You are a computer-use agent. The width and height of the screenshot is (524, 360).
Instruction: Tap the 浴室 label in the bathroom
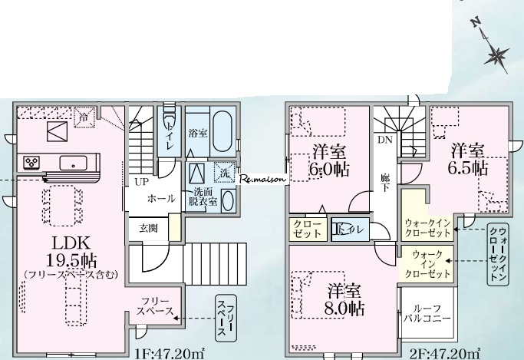[197, 134]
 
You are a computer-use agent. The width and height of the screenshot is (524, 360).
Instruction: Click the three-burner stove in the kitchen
[31, 163]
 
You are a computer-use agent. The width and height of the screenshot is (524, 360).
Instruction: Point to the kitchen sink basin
[73, 163]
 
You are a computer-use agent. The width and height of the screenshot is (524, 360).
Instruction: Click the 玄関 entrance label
[148, 229]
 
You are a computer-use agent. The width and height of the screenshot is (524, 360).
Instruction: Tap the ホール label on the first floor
[161, 199]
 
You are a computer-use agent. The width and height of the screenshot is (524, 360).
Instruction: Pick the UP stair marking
[142, 182]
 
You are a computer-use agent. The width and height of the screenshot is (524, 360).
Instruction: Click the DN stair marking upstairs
[385, 140]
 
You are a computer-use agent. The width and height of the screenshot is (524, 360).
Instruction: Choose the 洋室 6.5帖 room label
[468, 159]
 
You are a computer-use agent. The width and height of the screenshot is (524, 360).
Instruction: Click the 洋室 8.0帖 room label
[344, 299]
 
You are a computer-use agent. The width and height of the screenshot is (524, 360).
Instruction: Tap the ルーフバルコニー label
[427, 313]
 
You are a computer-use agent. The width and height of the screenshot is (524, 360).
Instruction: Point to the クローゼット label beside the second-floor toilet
[308, 229]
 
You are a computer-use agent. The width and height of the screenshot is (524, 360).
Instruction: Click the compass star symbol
[496, 55]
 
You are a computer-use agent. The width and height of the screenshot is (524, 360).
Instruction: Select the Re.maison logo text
[263, 179]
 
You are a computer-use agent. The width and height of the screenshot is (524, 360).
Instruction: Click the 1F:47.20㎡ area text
[170, 353]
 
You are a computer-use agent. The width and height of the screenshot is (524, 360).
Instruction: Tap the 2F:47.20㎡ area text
[445, 353]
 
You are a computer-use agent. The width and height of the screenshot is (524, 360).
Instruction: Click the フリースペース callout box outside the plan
[226, 319]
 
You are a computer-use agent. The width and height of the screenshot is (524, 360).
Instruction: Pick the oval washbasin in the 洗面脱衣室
[227, 200]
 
